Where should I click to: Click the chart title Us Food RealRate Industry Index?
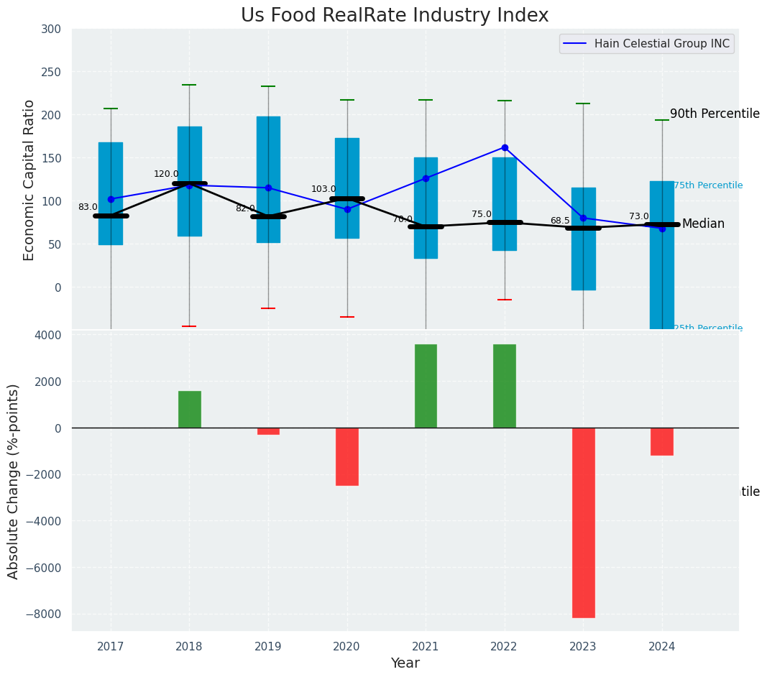(395, 16)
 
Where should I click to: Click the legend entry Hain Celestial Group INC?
(661, 44)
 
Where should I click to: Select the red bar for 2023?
(583, 522)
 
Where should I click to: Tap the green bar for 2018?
(190, 410)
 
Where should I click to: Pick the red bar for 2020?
(347, 456)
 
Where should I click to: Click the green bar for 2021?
(426, 386)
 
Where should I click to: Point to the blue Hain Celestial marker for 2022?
(505, 147)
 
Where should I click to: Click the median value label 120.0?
(166, 174)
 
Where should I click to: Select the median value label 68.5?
(560, 221)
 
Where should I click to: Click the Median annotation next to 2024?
(703, 224)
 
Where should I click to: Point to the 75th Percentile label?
(708, 185)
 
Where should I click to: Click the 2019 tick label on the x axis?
(268, 647)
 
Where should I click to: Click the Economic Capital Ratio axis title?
(29, 180)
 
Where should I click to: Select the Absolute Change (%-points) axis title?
(14, 481)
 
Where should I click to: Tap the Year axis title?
(405, 663)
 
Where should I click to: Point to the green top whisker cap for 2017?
(111, 109)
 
